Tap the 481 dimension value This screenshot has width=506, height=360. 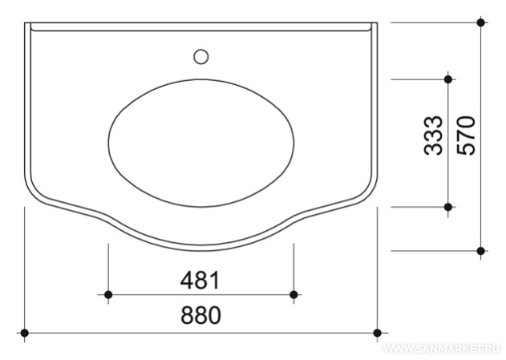pos(200,280)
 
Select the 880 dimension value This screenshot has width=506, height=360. pos(200,315)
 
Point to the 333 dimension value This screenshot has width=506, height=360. pos(433,136)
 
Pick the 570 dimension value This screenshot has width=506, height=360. pos(467,136)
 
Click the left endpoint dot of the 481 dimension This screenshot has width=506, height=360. pos(108,294)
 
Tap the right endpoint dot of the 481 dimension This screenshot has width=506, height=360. pos(293,294)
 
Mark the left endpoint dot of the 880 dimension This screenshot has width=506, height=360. pos(25,333)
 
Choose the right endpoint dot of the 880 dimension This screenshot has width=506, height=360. pos(377,333)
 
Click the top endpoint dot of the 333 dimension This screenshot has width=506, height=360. pos(448,79)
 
